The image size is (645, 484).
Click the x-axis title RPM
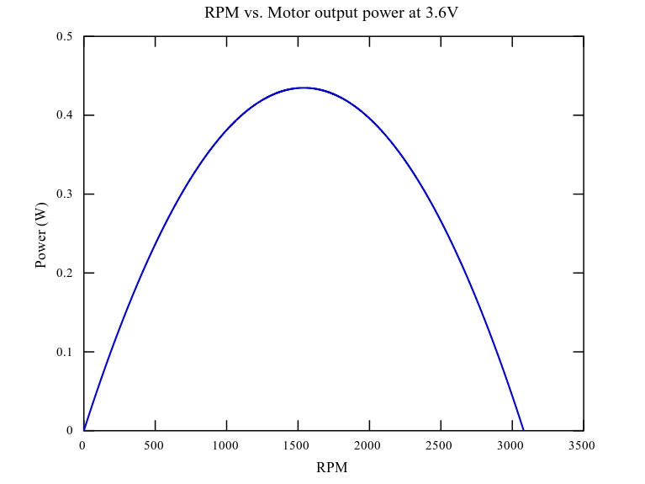point(331,467)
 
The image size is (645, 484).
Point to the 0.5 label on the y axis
point(64,36)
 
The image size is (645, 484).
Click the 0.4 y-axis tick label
point(64,115)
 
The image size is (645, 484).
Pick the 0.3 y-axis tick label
point(64,194)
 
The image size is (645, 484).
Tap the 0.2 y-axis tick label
point(64,273)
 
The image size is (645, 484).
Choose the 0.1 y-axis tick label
point(64,352)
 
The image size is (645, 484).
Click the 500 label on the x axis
point(155,445)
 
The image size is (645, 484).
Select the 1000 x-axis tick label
point(226,445)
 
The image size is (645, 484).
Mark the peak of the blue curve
point(304,88)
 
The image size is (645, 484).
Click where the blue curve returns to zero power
point(523,430)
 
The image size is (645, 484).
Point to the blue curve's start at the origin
point(84,430)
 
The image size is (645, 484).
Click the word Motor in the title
point(288,13)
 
